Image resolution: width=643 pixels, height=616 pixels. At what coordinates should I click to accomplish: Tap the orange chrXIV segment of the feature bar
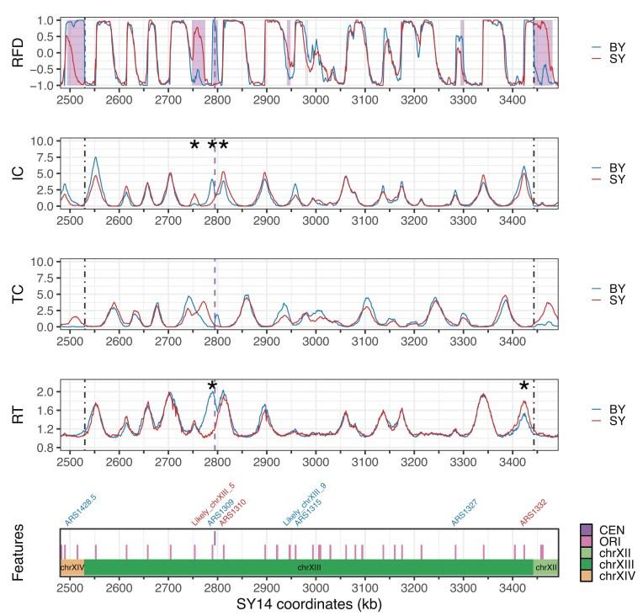click(x=72, y=568)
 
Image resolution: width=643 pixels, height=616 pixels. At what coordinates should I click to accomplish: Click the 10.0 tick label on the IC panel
click(x=42, y=141)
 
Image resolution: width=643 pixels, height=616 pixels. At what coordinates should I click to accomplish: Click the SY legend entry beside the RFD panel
click(x=605, y=61)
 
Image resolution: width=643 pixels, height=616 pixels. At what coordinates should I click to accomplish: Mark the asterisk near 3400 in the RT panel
click(x=523, y=386)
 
